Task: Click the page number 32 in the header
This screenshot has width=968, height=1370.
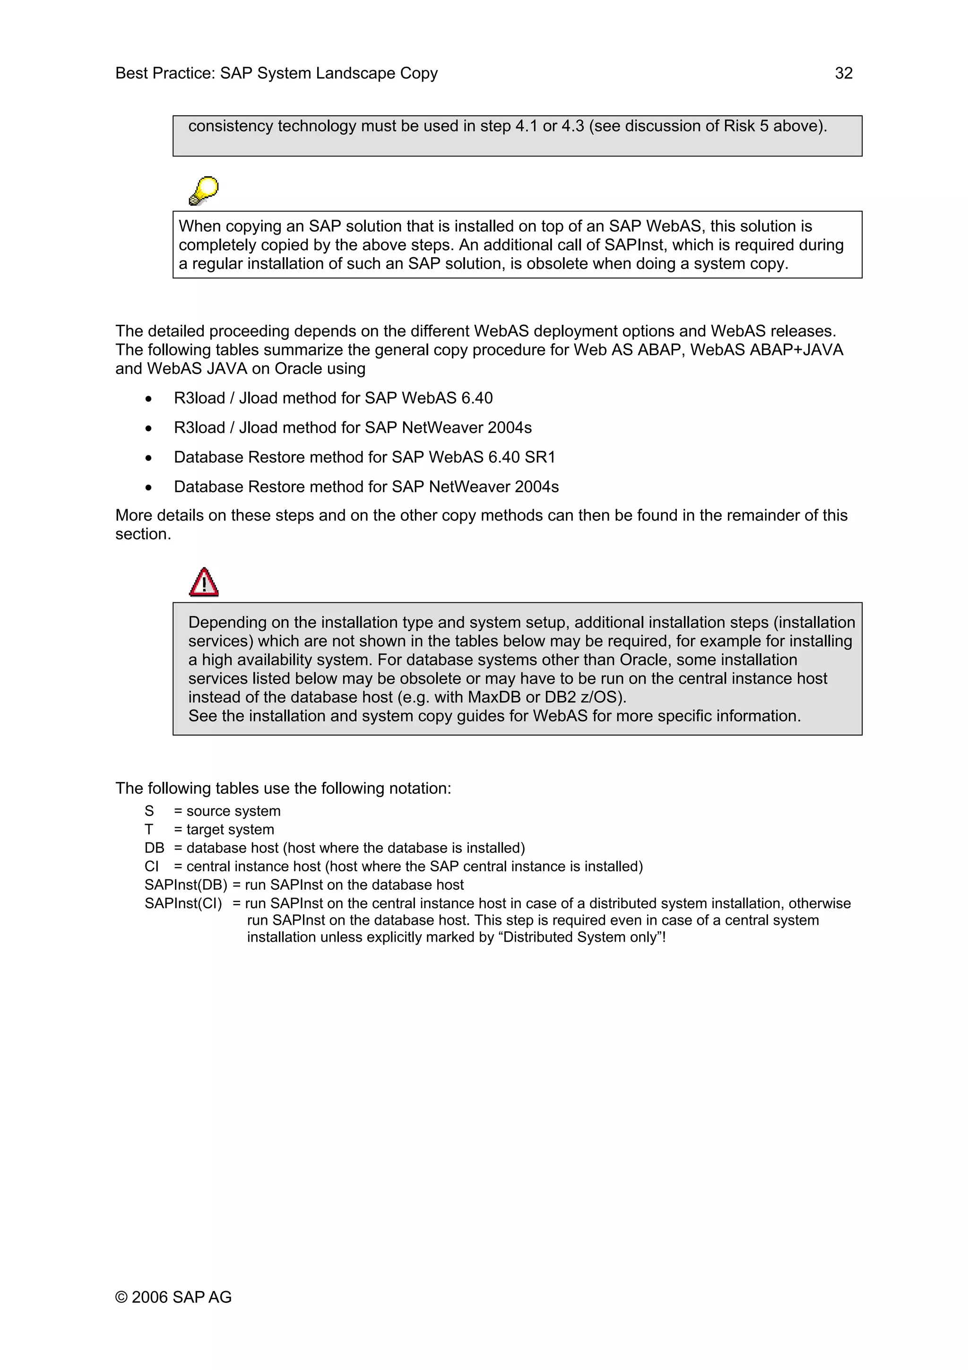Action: click(x=843, y=73)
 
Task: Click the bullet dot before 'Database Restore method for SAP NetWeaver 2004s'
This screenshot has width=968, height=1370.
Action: click(x=148, y=487)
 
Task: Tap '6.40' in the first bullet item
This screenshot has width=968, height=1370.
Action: click(x=476, y=398)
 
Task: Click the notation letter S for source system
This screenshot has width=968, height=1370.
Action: click(x=149, y=811)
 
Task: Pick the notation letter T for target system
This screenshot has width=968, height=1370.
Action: click(x=148, y=829)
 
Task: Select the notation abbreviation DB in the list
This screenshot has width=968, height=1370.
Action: click(x=154, y=848)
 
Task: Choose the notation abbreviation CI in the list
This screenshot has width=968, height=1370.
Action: click(x=152, y=867)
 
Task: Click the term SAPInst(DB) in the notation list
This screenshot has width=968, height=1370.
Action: click(x=185, y=885)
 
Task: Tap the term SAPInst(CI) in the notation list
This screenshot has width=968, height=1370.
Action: click(x=183, y=903)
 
